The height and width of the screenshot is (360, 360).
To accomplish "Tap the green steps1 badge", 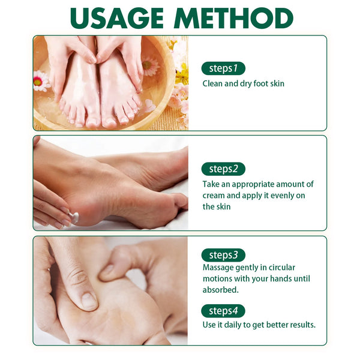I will click(223, 68).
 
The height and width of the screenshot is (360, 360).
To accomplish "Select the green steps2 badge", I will click(223, 169).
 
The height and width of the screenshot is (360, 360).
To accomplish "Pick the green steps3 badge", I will click(223, 255).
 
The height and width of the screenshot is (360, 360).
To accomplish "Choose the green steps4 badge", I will click(223, 311).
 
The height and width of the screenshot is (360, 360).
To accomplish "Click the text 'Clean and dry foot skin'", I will click(243, 84).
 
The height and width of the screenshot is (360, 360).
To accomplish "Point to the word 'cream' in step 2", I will click(214, 195).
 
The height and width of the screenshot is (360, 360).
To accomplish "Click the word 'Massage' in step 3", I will click(218, 267).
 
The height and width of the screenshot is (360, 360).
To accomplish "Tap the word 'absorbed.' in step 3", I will click(221, 289).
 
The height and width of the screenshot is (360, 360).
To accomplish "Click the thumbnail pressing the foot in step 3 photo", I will click(88, 300).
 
